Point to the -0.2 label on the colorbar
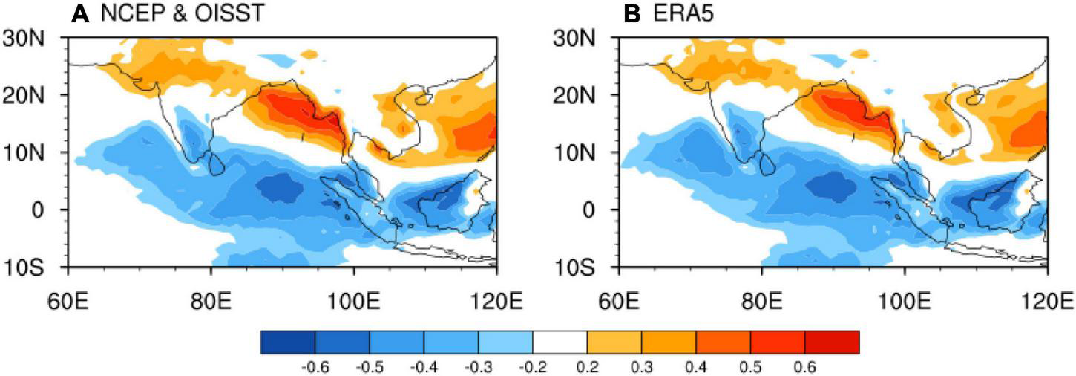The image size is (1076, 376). (x=532, y=366)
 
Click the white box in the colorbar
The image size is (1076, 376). (x=560, y=341)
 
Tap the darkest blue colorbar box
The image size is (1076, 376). (x=288, y=341)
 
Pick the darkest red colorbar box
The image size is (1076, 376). (x=832, y=341)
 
